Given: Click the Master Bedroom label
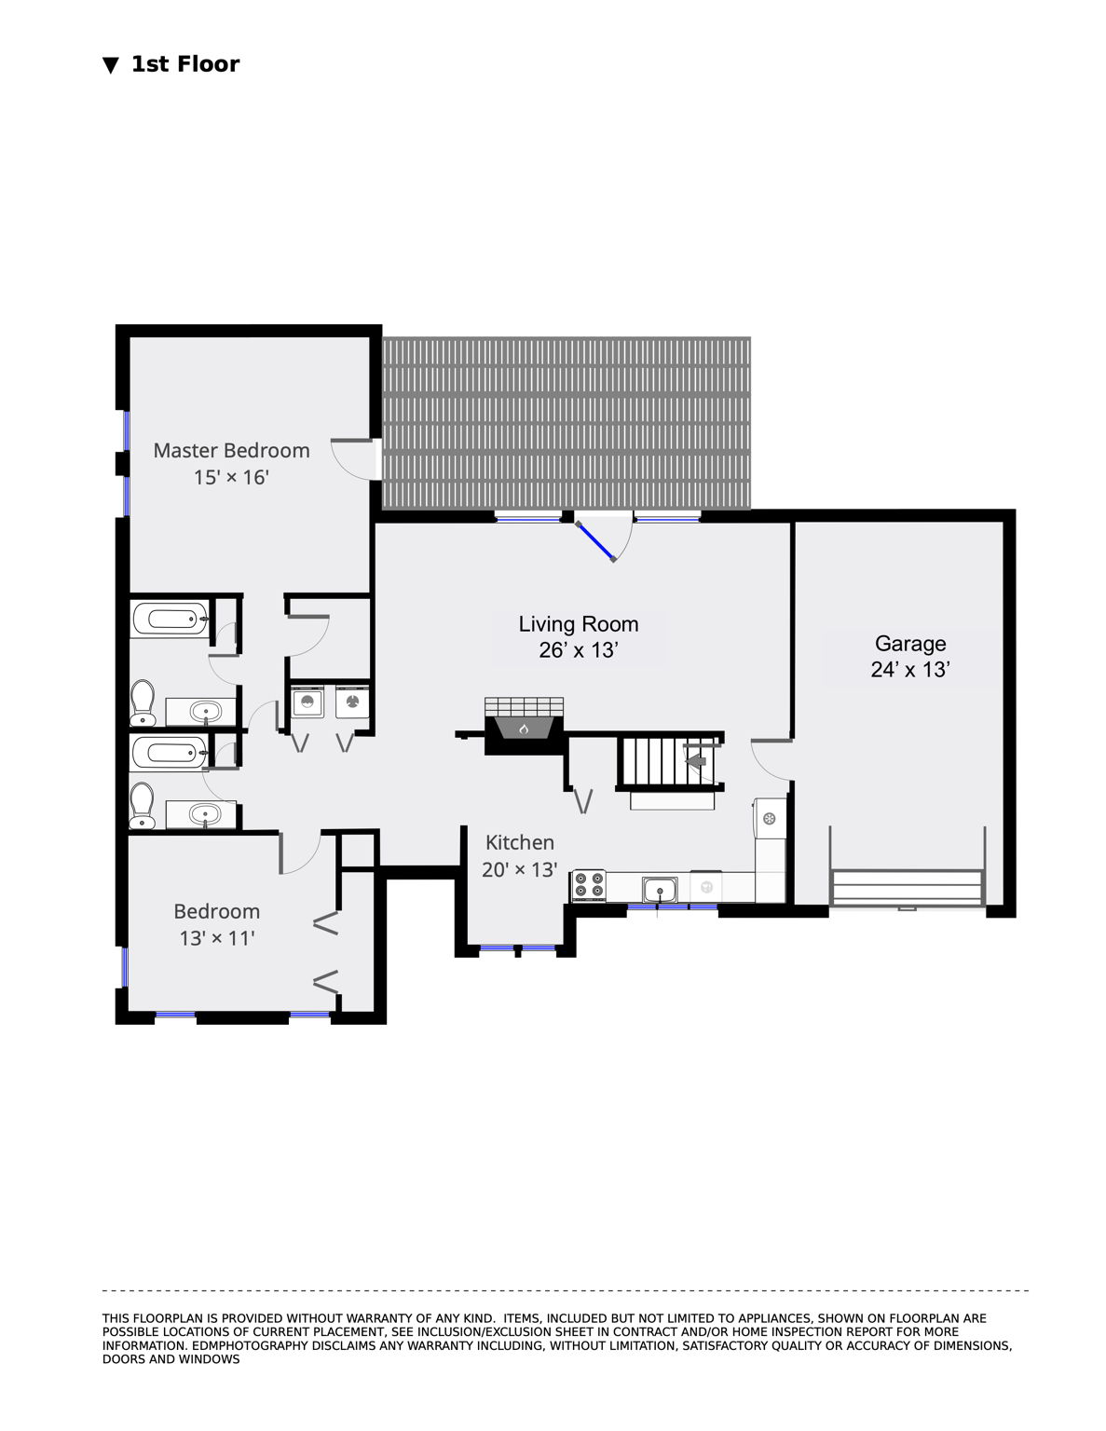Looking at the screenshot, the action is click(231, 450).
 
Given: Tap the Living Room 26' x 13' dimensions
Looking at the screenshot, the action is click(578, 650).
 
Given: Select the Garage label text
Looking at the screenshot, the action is click(909, 644).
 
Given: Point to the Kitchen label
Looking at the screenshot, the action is click(519, 842).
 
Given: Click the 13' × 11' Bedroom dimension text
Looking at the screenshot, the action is click(217, 938).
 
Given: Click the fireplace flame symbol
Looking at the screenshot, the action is click(524, 729).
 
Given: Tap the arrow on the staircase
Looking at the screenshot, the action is click(696, 760).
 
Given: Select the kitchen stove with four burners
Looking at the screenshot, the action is click(589, 886).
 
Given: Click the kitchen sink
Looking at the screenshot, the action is click(660, 891).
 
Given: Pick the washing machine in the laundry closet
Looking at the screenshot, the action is click(307, 702).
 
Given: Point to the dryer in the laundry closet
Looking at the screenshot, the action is click(352, 702).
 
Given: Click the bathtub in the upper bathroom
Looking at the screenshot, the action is click(171, 619).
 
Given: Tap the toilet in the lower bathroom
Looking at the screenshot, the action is click(143, 805).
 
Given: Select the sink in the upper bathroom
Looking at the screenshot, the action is click(205, 711).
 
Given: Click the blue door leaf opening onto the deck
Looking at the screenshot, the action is click(595, 542).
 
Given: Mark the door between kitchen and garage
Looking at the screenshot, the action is click(771, 760).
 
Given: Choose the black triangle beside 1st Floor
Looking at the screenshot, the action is click(111, 65).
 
